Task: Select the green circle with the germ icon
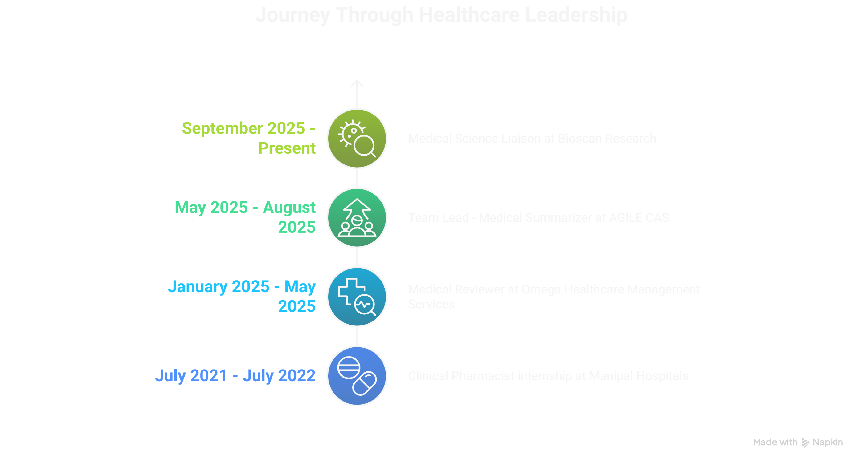[357, 138]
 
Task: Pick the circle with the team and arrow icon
[357, 218]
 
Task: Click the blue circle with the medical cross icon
[357, 297]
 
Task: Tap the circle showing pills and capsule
[357, 376]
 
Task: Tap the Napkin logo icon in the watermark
[805, 443]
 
